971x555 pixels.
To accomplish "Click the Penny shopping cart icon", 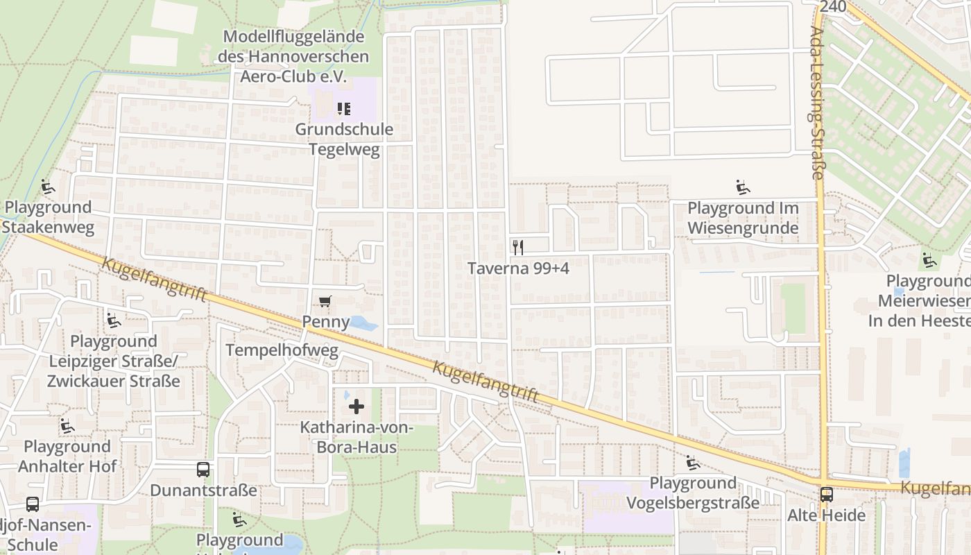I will tap(324, 301).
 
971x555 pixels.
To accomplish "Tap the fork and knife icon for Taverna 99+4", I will tap(517, 247).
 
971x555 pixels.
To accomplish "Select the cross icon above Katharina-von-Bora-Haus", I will tap(356, 406).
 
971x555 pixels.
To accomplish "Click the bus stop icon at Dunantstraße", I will tap(203, 470).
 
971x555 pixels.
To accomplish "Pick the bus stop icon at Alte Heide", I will tap(826, 495).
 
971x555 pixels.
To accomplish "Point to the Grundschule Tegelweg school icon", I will tap(343, 108).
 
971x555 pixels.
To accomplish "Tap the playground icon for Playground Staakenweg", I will tap(47, 187).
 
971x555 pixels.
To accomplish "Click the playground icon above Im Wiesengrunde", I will tap(742, 187).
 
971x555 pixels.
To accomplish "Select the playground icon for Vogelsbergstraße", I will tap(692, 462).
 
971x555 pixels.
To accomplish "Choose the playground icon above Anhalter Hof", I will tap(67, 425).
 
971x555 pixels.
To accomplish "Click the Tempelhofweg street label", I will tap(282, 350).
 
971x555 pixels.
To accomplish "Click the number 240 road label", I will tap(832, 6).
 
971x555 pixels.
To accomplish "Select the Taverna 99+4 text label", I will tap(518, 268).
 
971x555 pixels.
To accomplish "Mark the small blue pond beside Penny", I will tap(363, 323).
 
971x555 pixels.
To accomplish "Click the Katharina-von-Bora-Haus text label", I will tap(356, 437).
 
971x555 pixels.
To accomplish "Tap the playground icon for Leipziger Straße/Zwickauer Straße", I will tap(113, 320).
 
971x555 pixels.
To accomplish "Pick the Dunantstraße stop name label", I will tap(203, 490).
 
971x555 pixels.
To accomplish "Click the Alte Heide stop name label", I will tap(826, 515).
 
